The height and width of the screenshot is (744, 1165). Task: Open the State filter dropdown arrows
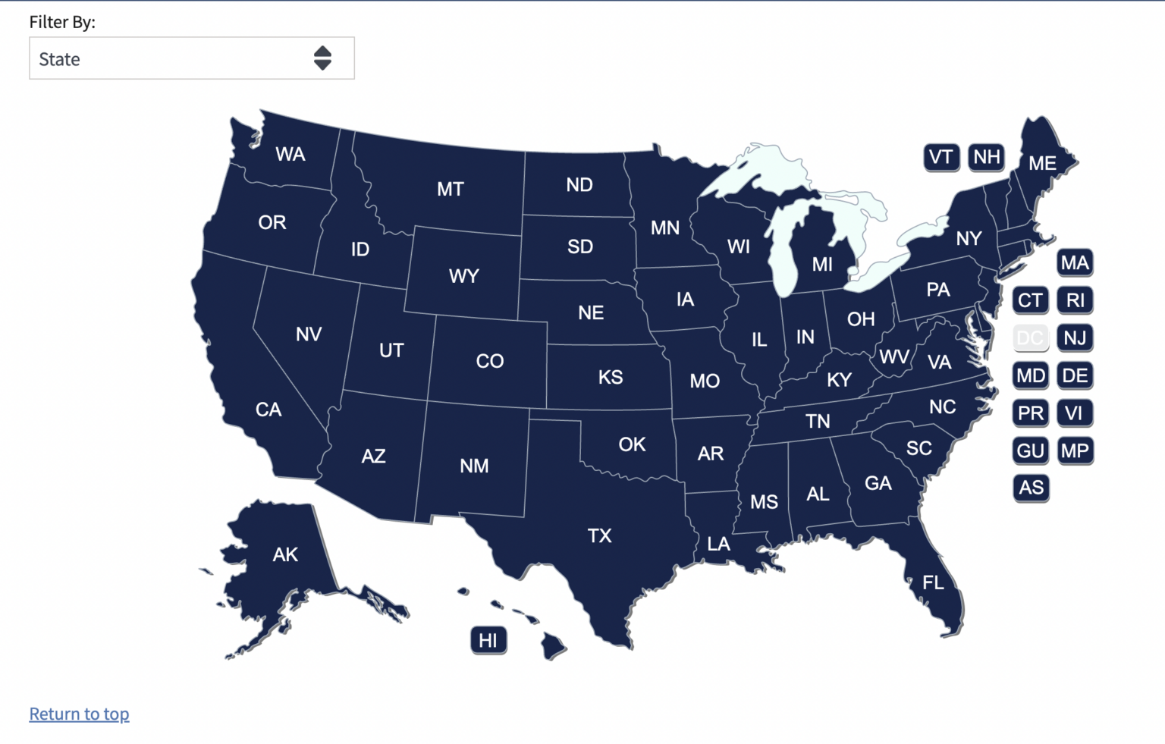[x=322, y=58]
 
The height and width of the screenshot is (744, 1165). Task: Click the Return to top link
[x=79, y=714]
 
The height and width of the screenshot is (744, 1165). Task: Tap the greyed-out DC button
[x=1030, y=337]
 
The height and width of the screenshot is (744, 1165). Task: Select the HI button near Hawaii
[x=488, y=641]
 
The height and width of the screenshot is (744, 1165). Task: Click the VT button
[x=941, y=157]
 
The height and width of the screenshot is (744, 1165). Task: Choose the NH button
[x=986, y=157]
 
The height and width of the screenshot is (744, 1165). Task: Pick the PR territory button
[x=1030, y=413]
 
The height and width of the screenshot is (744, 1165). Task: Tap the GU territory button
[x=1030, y=450]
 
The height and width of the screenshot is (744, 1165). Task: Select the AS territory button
[x=1031, y=488]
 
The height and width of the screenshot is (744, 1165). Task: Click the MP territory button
[x=1075, y=450]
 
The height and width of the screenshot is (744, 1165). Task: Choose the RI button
[x=1075, y=300]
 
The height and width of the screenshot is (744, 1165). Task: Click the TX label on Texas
[x=599, y=536]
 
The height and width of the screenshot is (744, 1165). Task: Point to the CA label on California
[x=268, y=410]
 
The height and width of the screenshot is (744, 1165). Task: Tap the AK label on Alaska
[x=285, y=554]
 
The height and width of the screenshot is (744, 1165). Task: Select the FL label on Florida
[x=933, y=582]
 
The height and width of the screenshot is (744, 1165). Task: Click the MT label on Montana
[x=450, y=189]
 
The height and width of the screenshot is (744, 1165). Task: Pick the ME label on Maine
[x=1042, y=163]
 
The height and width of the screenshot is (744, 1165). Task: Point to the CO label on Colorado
[x=489, y=361]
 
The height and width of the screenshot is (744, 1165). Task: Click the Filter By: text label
[x=62, y=22]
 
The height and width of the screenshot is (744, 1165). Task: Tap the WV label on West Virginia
[x=894, y=356]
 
